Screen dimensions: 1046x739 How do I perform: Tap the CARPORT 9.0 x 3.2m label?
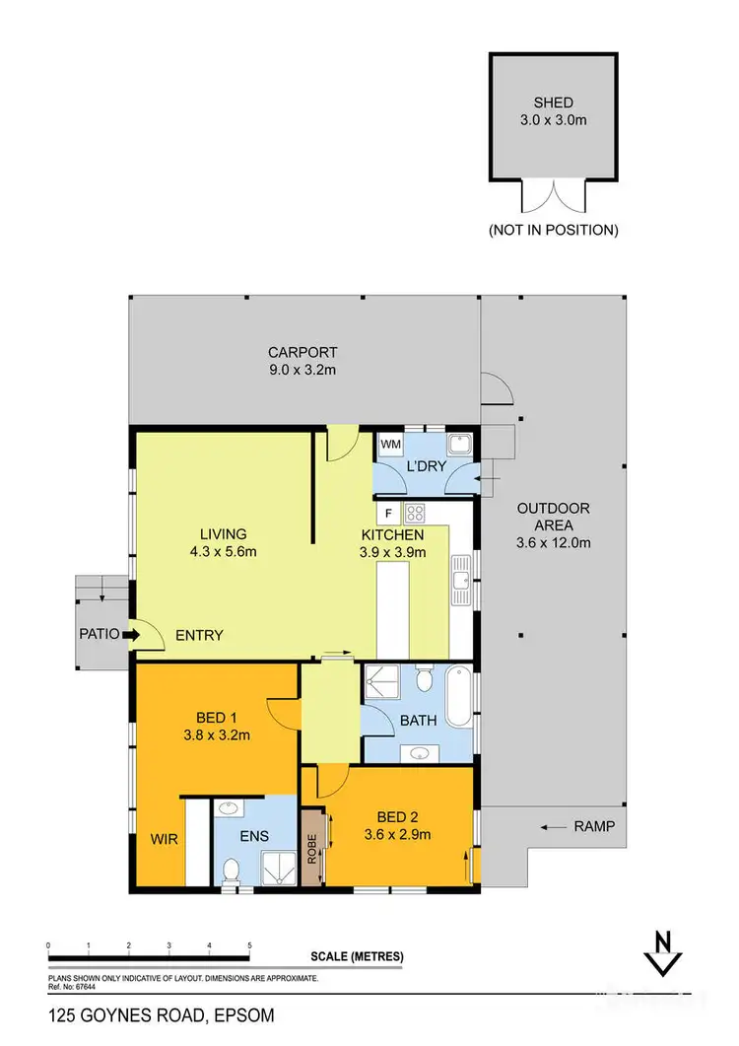coord(302,361)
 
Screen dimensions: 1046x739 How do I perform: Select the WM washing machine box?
coord(391,445)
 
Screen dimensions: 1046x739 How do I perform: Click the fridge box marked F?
coord(389,514)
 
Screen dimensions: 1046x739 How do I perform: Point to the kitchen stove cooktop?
coord(415,513)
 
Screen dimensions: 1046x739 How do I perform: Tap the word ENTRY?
coord(200,635)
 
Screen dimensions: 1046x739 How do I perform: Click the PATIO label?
coord(100,635)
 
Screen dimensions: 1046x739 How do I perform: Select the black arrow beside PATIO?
coord(128,636)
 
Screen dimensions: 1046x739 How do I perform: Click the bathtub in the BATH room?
coord(460,697)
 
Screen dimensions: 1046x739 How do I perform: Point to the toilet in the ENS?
coord(231,871)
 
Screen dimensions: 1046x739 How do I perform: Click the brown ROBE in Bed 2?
coord(313,847)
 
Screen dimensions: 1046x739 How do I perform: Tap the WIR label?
coord(164,840)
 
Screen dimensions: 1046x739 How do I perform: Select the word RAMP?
coord(594,827)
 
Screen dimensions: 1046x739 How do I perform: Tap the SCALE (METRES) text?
coord(357,956)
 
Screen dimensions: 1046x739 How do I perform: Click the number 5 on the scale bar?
coord(250,945)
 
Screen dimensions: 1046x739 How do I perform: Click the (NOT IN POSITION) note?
coord(553,230)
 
